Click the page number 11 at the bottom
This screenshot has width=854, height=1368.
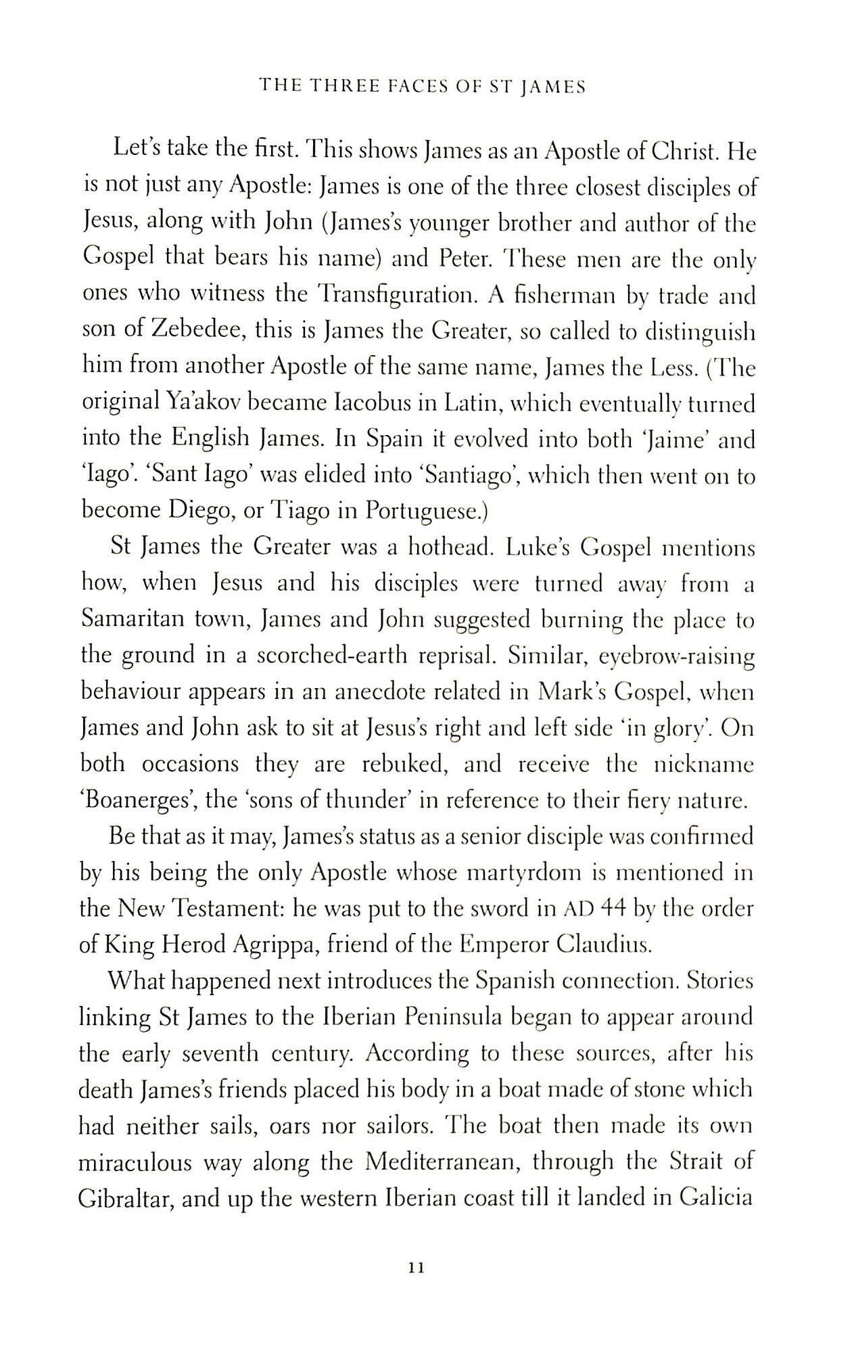point(416,1269)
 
